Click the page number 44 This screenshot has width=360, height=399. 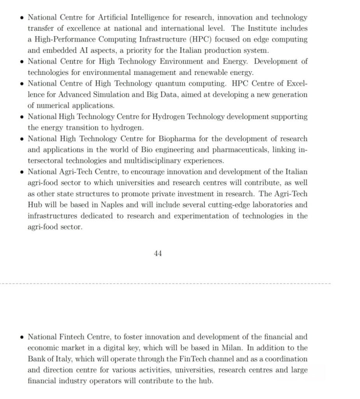click(158, 253)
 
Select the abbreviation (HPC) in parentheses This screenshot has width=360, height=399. click(210, 39)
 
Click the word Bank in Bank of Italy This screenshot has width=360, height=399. click(36, 358)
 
